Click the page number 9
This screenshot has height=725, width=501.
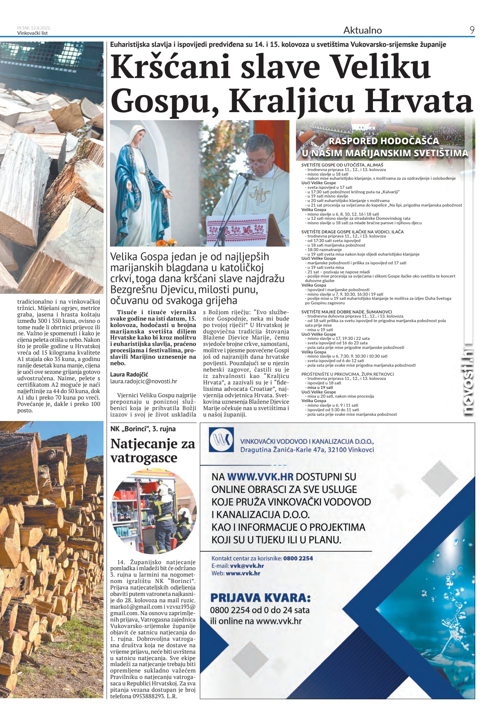click(x=472, y=30)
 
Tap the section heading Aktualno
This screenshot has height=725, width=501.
click(x=362, y=30)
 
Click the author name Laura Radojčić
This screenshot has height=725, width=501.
click(x=129, y=374)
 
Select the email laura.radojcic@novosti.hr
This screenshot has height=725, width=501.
click(x=144, y=381)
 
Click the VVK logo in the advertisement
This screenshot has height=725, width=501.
click(x=221, y=440)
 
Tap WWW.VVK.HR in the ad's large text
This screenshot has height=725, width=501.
click(x=260, y=477)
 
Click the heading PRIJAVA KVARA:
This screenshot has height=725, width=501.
click(x=260, y=598)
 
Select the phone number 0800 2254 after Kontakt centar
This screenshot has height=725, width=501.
click(x=298, y=558)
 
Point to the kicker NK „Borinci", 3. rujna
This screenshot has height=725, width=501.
click(x=143, y=429)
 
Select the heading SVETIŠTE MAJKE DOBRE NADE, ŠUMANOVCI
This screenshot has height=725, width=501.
click(x=346, y=312)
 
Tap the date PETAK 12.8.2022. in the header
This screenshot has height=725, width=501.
click(x=34, y=28)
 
